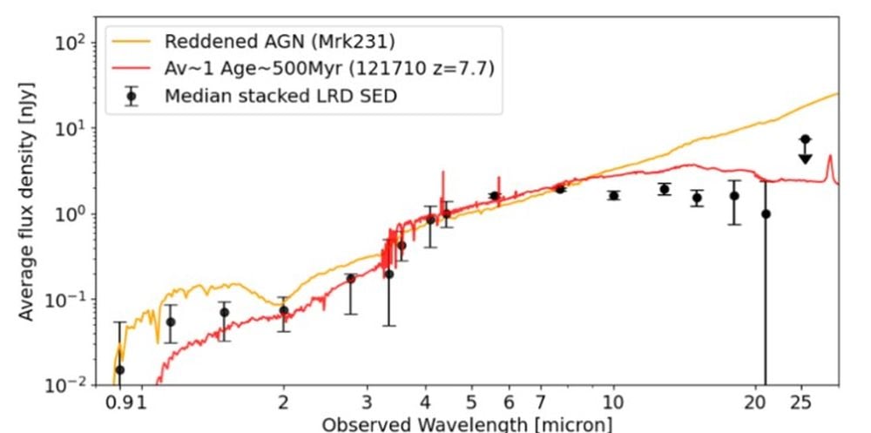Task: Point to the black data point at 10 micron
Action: pyautogui.click(x=613, y=195)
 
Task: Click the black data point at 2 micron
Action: pyautogui.click(x=284, y=310)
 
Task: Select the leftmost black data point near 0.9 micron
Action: pyautogui.click(x=120, y=369)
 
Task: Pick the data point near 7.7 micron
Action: pyautogui.click(x=560, y=188)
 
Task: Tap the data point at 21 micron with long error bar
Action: pyautogui.click(x=766, y=213)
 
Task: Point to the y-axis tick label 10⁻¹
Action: pyautogui.click(x=78, y=300)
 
